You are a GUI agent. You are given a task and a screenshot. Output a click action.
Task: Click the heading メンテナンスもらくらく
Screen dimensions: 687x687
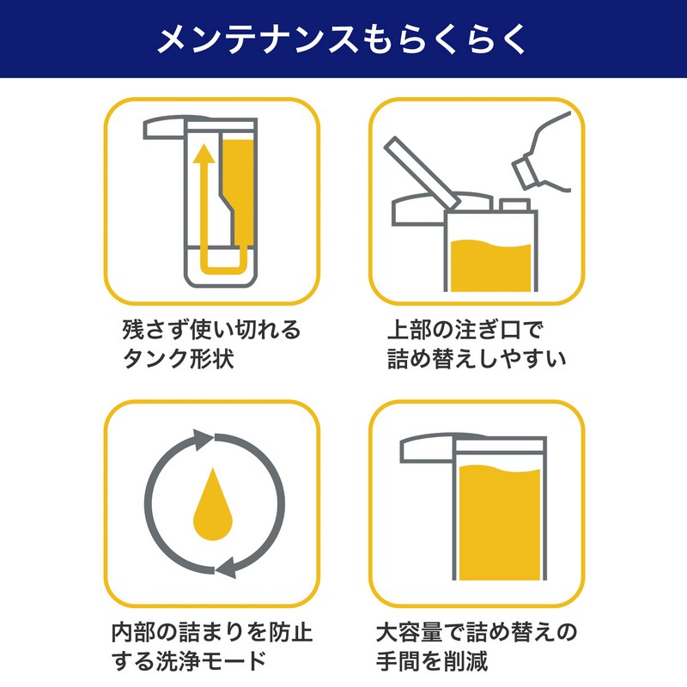(342, 39)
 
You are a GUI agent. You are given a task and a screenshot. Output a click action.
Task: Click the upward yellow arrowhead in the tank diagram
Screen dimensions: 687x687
(204, 153)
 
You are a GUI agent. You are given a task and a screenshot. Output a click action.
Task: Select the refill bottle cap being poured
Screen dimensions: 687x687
(525, 171)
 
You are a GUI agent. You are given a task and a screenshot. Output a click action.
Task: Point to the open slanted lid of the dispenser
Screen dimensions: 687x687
(422, 173)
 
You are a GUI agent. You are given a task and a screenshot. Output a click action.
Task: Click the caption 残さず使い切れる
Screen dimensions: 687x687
(211, 330)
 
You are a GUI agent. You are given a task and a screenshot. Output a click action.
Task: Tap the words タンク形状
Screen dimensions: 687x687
(178, 358)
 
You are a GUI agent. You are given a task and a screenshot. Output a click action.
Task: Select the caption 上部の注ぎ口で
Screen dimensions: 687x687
(465, 330)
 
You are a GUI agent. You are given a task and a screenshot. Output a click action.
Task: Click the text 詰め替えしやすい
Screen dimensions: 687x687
(477, 358)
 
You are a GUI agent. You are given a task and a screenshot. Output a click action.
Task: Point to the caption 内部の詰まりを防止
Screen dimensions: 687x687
(212, 632)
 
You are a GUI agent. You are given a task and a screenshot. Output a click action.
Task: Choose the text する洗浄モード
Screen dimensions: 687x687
(189, 660)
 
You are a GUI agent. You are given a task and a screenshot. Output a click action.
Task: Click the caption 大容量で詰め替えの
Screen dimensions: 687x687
(477, 632)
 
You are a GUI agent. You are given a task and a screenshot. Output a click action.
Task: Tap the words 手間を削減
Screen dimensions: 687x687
(432, 660)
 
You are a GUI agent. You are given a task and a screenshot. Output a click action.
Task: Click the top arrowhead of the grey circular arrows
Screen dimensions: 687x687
(203, 440)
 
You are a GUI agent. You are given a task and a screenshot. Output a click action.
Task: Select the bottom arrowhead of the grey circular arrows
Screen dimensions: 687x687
(227, 568)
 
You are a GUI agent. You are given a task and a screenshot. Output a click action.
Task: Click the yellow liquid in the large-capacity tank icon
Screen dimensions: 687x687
(500, 523)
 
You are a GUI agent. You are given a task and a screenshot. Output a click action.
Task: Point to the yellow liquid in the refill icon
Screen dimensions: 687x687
(490, 265)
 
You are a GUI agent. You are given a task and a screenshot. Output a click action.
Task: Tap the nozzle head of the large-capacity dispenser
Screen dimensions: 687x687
(427, 449)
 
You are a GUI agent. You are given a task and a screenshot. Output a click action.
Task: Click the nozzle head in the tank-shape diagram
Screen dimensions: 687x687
(164, 128)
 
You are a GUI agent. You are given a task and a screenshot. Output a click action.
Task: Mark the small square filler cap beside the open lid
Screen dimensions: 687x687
(514, 205)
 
